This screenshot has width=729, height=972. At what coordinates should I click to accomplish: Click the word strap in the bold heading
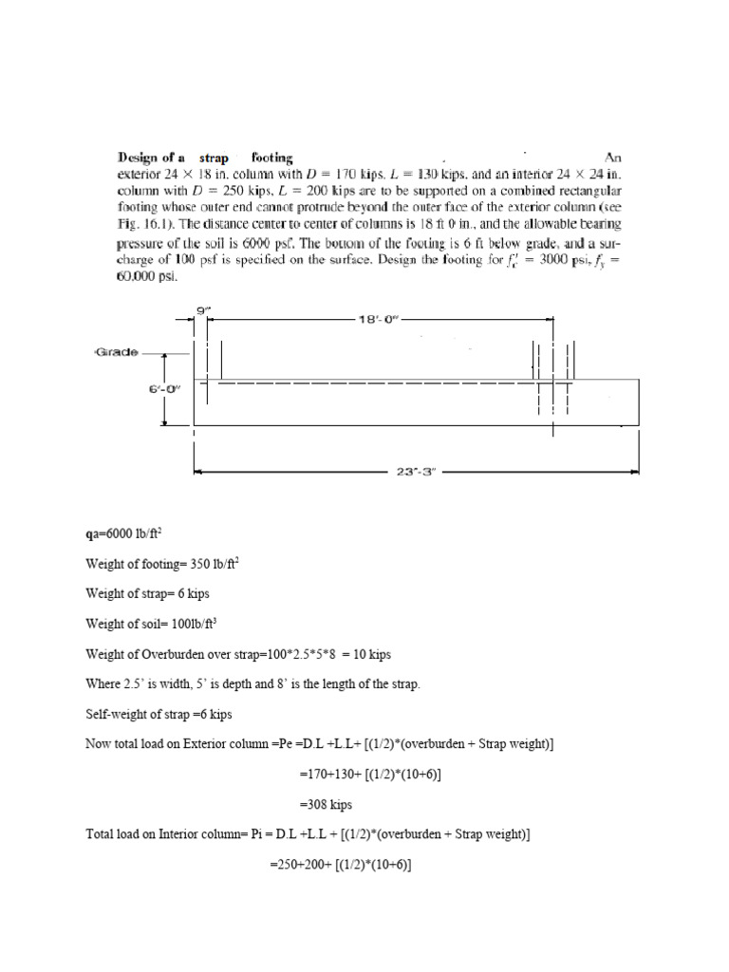coord(215,158)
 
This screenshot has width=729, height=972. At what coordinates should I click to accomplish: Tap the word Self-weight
coord(118,714)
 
